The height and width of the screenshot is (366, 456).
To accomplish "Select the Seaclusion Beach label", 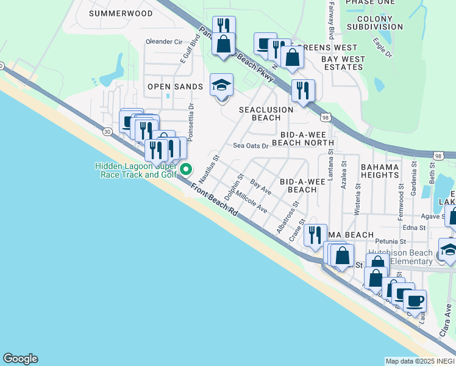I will (266, 113).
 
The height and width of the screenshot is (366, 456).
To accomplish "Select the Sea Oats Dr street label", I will (251, 146).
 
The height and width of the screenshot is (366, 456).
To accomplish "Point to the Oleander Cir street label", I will (164, 42).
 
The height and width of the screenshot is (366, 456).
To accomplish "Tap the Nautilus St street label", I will (215, 166).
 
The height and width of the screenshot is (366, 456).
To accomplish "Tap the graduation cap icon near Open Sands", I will (221, 86).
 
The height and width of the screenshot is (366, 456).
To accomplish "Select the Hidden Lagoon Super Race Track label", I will (135, 170).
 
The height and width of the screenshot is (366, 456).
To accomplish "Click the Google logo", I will (20, 359).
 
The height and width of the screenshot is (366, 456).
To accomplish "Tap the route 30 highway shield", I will (107, 131).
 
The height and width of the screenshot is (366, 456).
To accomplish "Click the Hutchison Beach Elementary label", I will (399, 257).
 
